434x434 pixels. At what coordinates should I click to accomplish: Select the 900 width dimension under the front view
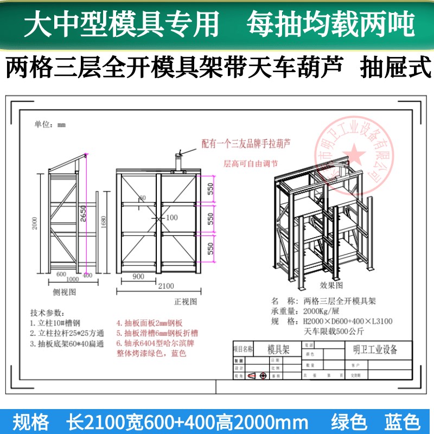pyautogui.click(x=138, y=277)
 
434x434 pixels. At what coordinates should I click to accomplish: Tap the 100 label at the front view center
pyautogui.click(x=171, y=218)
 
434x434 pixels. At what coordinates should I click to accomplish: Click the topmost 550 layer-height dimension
pyautogui.click(x=210, y=189)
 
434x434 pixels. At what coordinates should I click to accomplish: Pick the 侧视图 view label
pyautogui.click(x=64, y=291)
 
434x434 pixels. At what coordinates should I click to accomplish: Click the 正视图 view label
pyautogui.click(x=185, y=301)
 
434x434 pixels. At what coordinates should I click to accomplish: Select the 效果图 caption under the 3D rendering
pyautogui.click(x=330, y=284)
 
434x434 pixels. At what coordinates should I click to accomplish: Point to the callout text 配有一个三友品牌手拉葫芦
pyautogui.click(x=246, y=144)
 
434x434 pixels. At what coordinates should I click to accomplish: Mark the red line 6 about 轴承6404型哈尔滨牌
pyautogui.click(x=157, y=343)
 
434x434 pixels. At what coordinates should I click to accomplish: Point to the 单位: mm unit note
pyautogui.click(x=50, y=125)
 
